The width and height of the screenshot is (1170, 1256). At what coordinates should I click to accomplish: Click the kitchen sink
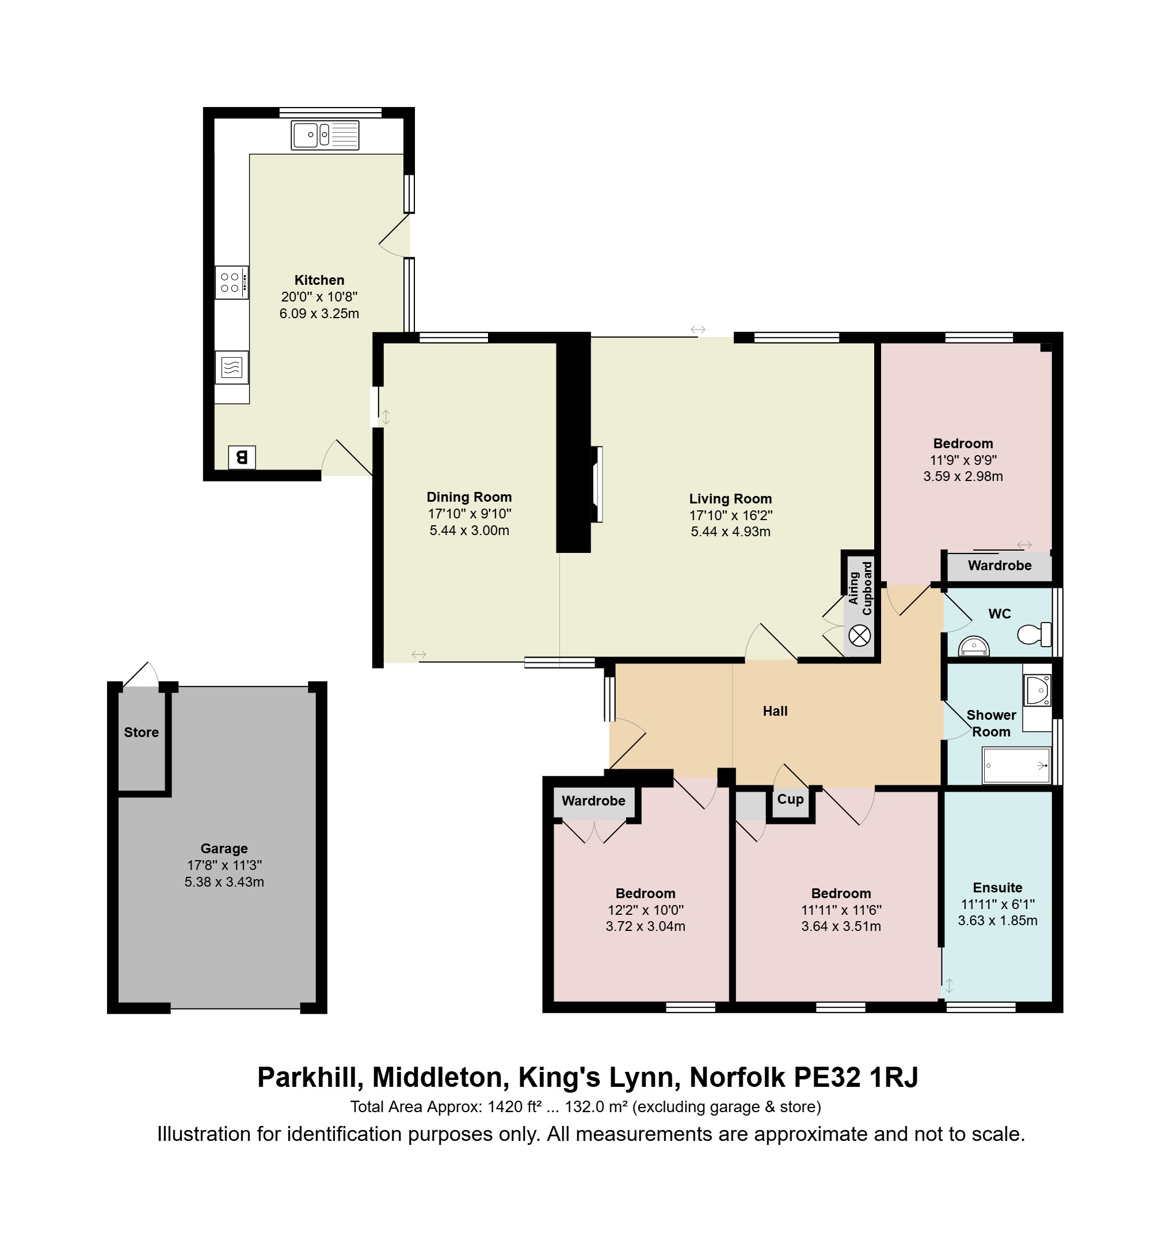point(325,135)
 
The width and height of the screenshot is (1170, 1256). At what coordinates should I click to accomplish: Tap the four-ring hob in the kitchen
point(231,282)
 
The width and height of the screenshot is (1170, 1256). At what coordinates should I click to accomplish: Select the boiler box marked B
point(242,457)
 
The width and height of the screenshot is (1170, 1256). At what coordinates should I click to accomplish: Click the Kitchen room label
point(319,280)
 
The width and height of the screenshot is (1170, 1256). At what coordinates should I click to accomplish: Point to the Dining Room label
point(469,497)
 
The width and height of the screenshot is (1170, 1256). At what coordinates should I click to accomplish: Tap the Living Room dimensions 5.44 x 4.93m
point(731,531)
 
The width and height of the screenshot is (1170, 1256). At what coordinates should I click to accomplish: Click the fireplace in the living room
point(597,484)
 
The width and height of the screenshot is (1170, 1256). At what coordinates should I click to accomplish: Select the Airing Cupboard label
point(860,588)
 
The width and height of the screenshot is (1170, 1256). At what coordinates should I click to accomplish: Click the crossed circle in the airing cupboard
point(859,636)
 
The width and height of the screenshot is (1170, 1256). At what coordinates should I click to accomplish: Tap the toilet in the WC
point(1034,634)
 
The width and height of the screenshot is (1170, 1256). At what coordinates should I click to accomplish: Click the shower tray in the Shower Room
point(1016,766)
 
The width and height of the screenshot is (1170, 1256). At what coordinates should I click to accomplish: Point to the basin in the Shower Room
point(1037,689)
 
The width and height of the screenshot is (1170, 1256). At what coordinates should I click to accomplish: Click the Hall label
point(775,711)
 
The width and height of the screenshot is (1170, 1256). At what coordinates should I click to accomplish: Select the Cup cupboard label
point(790,799)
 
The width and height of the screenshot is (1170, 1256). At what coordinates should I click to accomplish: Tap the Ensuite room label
point(997,887)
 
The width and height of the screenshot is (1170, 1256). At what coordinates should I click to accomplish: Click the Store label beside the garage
point(141,732)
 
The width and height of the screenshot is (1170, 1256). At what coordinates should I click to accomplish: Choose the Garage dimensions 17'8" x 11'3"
point(224,865)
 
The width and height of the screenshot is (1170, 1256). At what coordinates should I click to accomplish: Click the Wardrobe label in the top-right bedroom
point(999,566)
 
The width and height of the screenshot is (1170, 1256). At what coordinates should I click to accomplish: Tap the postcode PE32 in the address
point(828,1077)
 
